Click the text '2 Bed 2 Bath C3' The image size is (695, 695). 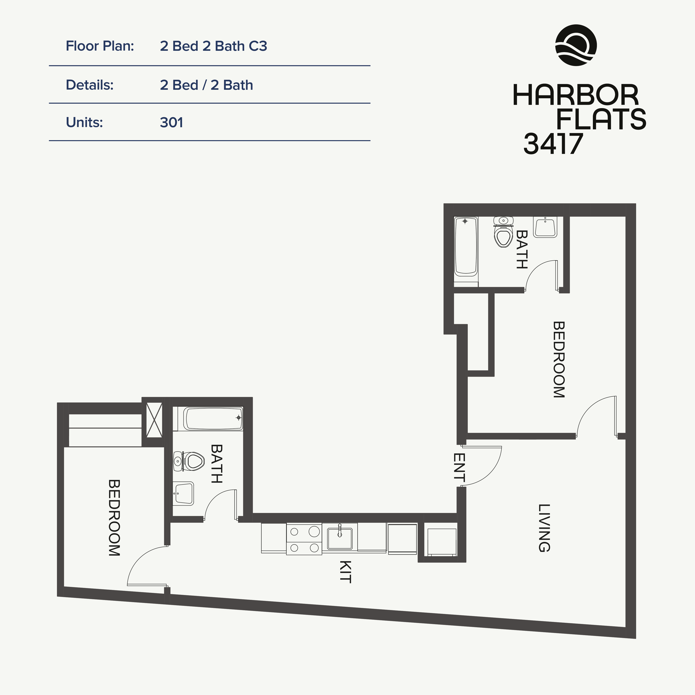click(213, 46)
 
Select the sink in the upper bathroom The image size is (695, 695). click(545, 227)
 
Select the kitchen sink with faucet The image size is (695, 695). click(340, 538)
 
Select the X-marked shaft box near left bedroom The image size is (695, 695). click(154, 420)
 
